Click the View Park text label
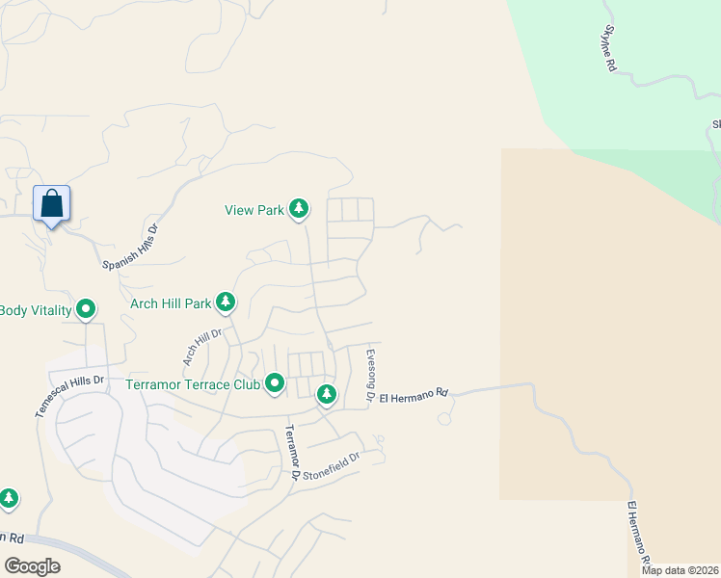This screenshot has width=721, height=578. (x=254, y=210)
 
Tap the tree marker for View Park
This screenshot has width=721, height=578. (x=299, y=208)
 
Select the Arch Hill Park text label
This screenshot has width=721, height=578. (x=171, y=303)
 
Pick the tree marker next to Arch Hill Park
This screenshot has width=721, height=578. (x=226, y=303)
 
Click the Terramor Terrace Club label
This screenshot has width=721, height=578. (x=193, y=384)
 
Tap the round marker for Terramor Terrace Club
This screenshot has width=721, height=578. (x=275, y=384)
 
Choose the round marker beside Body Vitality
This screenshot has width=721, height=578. (x=86, y=309)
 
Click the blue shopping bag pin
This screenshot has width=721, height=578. (x=52, y=205)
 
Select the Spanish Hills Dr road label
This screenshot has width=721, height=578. (x=130, y=249)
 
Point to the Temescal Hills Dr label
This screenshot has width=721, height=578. (x=68, y=396)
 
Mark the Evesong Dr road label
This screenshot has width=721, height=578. (x=369, y=376)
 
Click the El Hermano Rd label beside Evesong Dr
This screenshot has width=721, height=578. (x=414, y=395)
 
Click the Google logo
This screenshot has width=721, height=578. (x=32, y=566)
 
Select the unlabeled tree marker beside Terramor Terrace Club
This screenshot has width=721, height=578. (x=327, y=393)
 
